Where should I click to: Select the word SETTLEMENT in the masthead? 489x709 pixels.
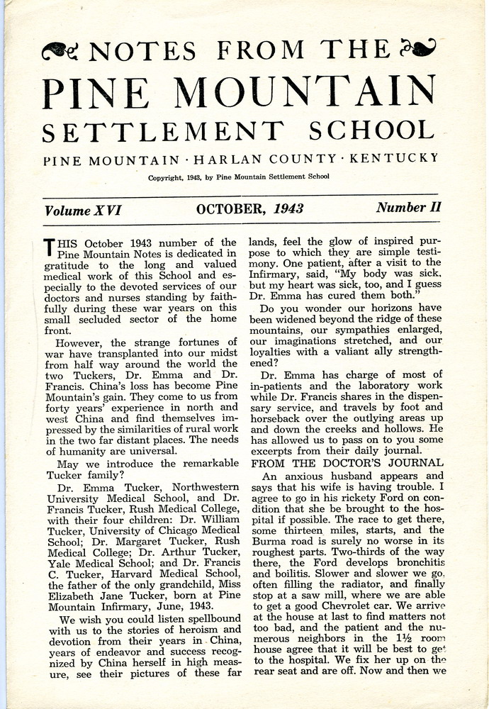tap(173, 132)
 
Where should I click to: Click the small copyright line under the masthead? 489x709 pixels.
tap(238, 177)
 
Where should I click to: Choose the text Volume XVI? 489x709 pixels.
tap(83, 210)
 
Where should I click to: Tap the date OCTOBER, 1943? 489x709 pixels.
tap(250, 209)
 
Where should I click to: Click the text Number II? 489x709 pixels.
tap(408, 208)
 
